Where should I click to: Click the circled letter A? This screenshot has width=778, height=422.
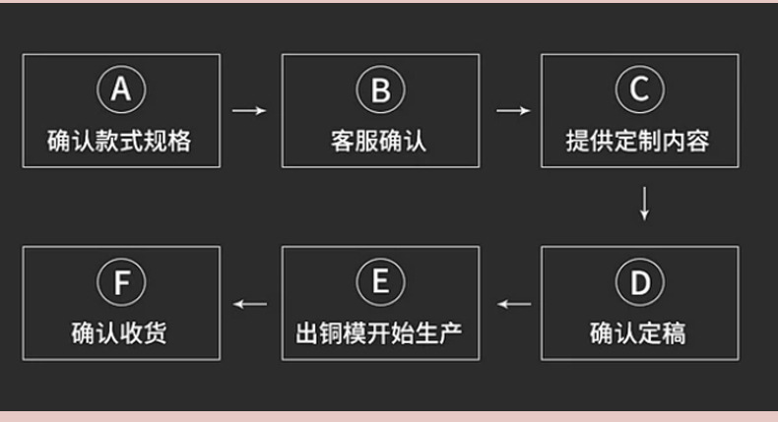pyautogui.click(x=120, y=91)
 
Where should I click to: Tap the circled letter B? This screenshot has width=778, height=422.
pyautogui.click(x=380, y=91)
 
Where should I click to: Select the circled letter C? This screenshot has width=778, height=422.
pyautogui.click(x=639, y=91)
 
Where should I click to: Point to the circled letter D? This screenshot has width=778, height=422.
pyautogui.click(x=639, y=284)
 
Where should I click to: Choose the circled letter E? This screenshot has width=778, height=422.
pyautogui.click(x=380, y=284)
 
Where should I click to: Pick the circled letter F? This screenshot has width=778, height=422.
pyautogui.click(x=120, y=284)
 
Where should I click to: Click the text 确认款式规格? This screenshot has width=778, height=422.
pyautogui.click(x=120, y=141)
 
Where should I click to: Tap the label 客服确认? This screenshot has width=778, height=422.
pyautogui.click(x=380, y=141)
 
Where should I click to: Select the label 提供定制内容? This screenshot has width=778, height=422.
pyautogui.click(x=639, y=141)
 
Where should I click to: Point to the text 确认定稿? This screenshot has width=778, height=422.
pyautogui.click(x=639, y=333)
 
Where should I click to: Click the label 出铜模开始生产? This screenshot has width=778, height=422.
pyautogui.click(x=380, y=333)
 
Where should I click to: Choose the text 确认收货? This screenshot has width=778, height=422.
pyautogui.click(x=120, y=333)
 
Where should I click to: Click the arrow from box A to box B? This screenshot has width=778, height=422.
pyautogui.click(x=250, y=110)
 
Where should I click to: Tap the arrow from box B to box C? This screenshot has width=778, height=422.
pyautogui.click(x=511, y=110)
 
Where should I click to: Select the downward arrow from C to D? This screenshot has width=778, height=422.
pyautogui.click(x=644, y=203)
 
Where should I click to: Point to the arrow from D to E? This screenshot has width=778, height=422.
pyautogui.click(x=512, y=303)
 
